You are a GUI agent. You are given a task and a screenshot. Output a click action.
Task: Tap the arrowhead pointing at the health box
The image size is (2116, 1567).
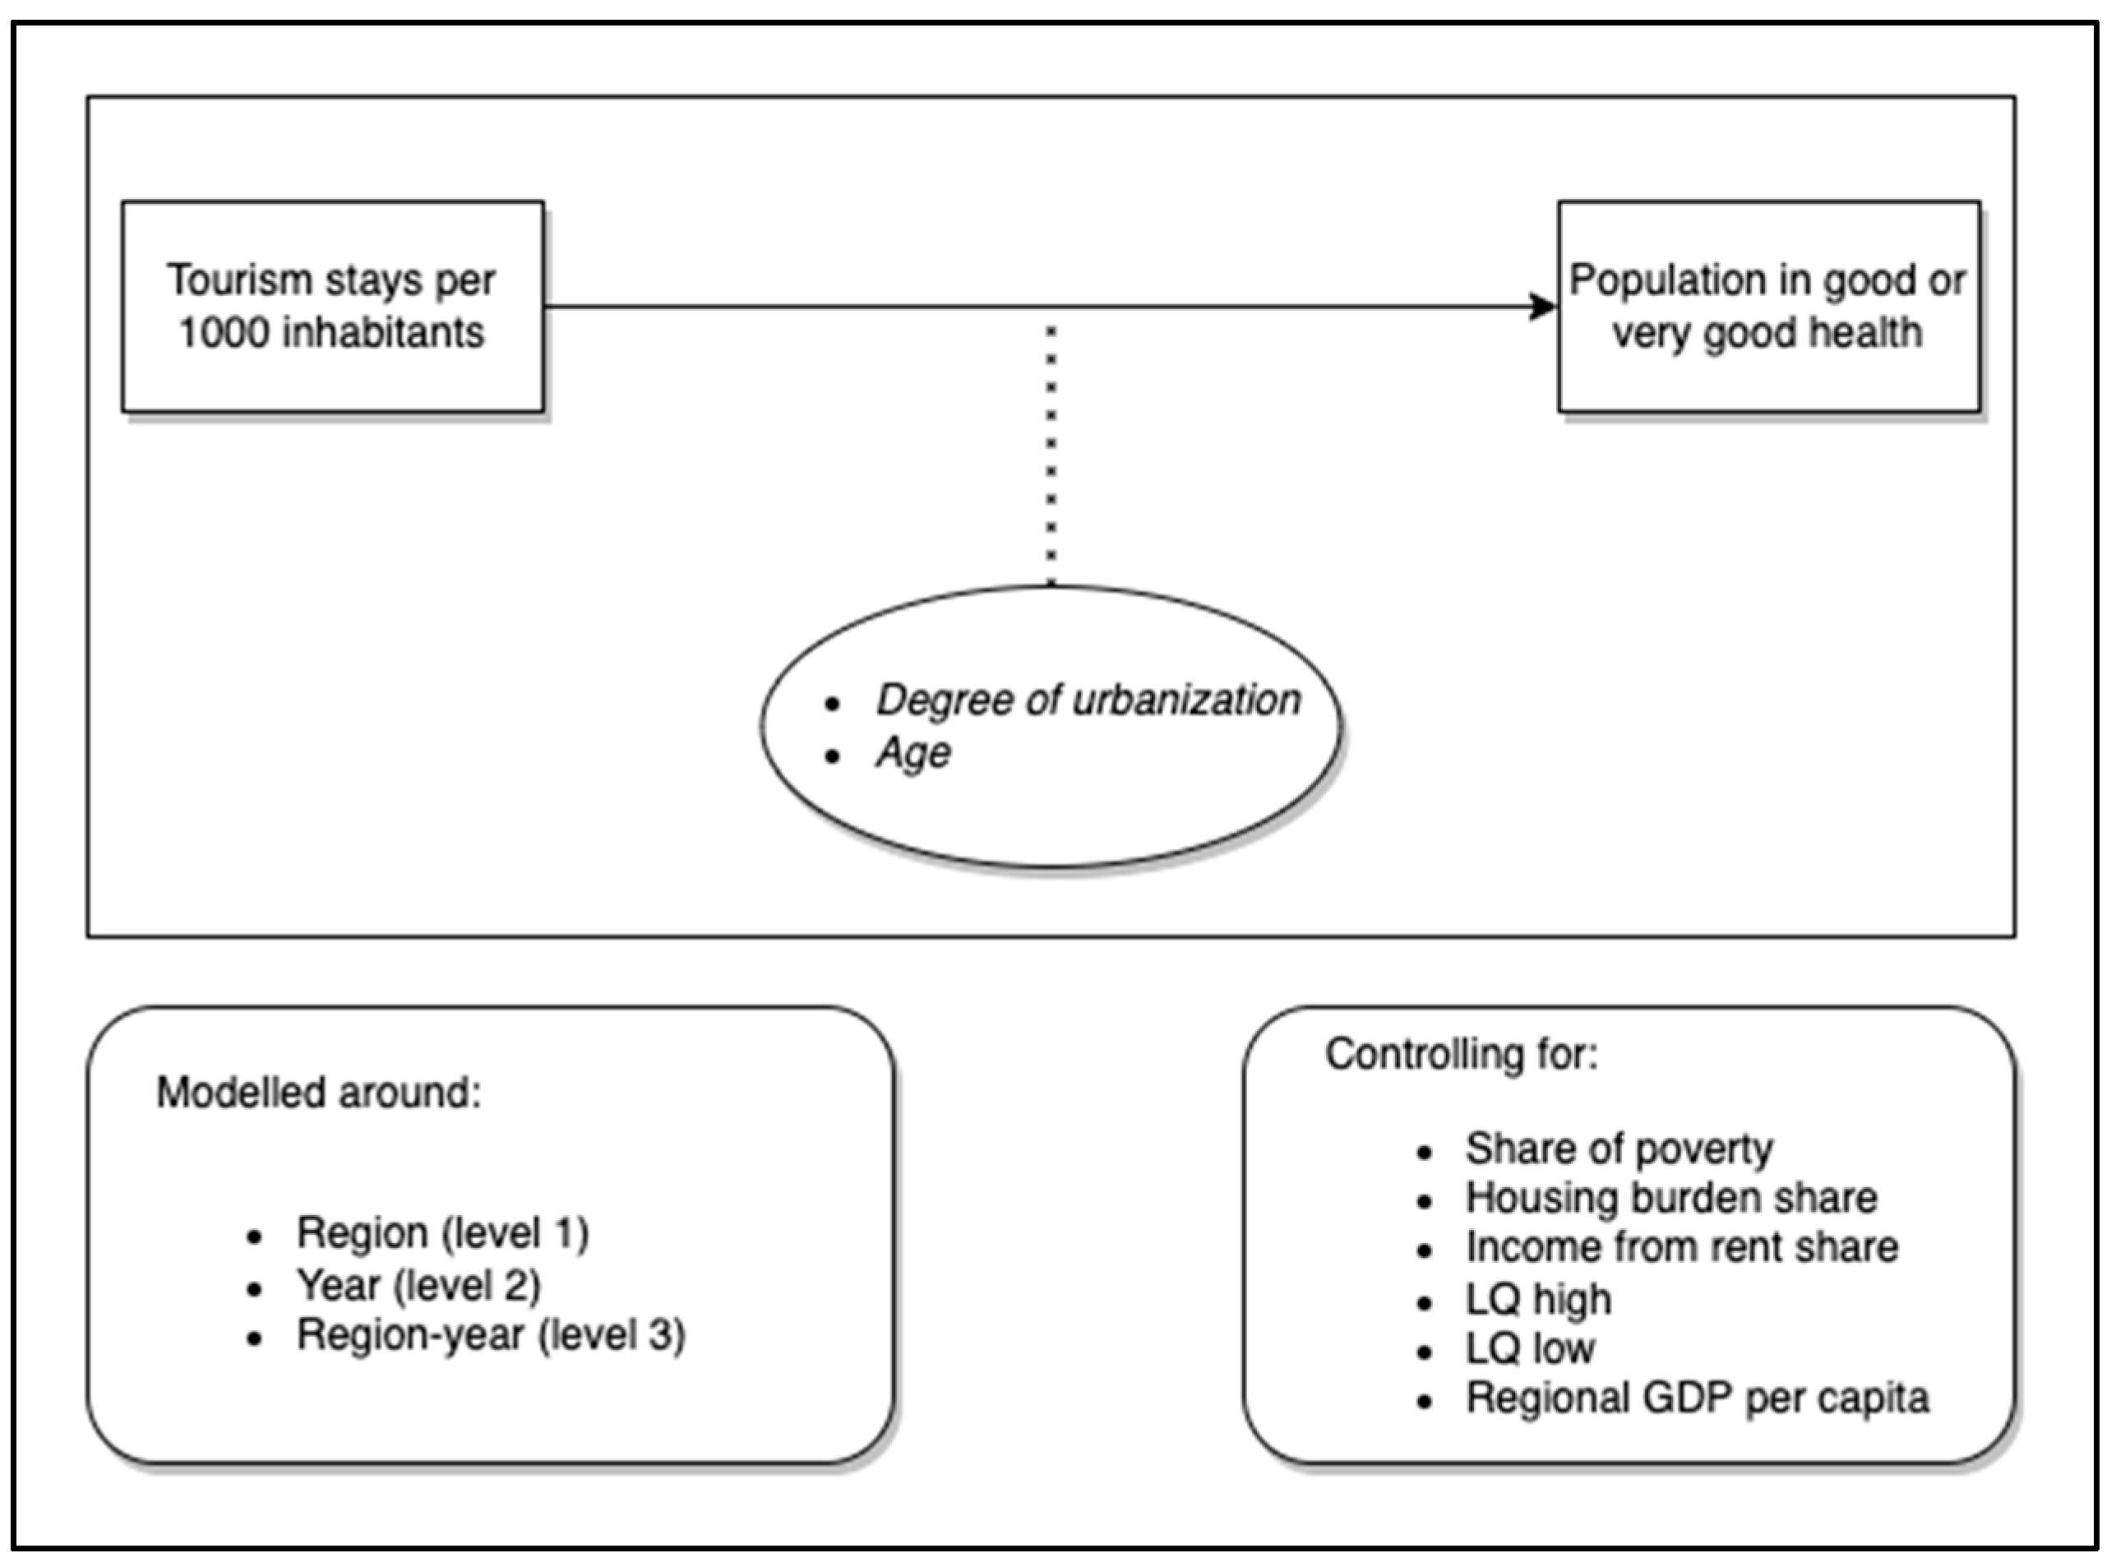(x=1543, y=307)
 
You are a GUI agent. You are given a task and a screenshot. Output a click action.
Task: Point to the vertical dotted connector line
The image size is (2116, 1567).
(x=1051, y=455)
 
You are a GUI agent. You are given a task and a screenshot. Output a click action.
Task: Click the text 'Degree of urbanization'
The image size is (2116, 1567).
(x=1088, y=700)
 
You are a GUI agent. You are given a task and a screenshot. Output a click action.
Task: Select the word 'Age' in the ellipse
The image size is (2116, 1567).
(x=913, y=753)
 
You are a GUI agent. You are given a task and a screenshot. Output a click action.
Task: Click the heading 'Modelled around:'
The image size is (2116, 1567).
(x=319, y=1093)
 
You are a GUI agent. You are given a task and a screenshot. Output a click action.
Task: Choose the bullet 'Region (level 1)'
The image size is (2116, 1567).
(x=442, y=1233)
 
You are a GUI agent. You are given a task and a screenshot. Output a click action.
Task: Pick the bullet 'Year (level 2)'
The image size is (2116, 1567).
(x=418, y=1286)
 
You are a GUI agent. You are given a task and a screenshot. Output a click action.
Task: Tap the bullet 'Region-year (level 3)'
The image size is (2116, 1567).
(x=490, y=1335)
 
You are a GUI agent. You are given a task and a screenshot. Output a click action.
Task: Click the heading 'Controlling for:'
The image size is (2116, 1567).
(x=1462, y=1055)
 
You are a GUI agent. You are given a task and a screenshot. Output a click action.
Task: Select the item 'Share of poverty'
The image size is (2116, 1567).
(x=1618, y=1149)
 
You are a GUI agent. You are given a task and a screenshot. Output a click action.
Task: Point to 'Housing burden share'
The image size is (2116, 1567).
(x=1671, y=1198)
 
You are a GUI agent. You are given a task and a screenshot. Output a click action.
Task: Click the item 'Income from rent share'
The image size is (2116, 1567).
(x=1682, y=1247)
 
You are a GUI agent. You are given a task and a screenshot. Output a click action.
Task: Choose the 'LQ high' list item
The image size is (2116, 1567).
(x=1538, y=1298)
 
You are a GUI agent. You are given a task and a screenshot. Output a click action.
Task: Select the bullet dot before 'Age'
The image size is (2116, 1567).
(x=833, y=756)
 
